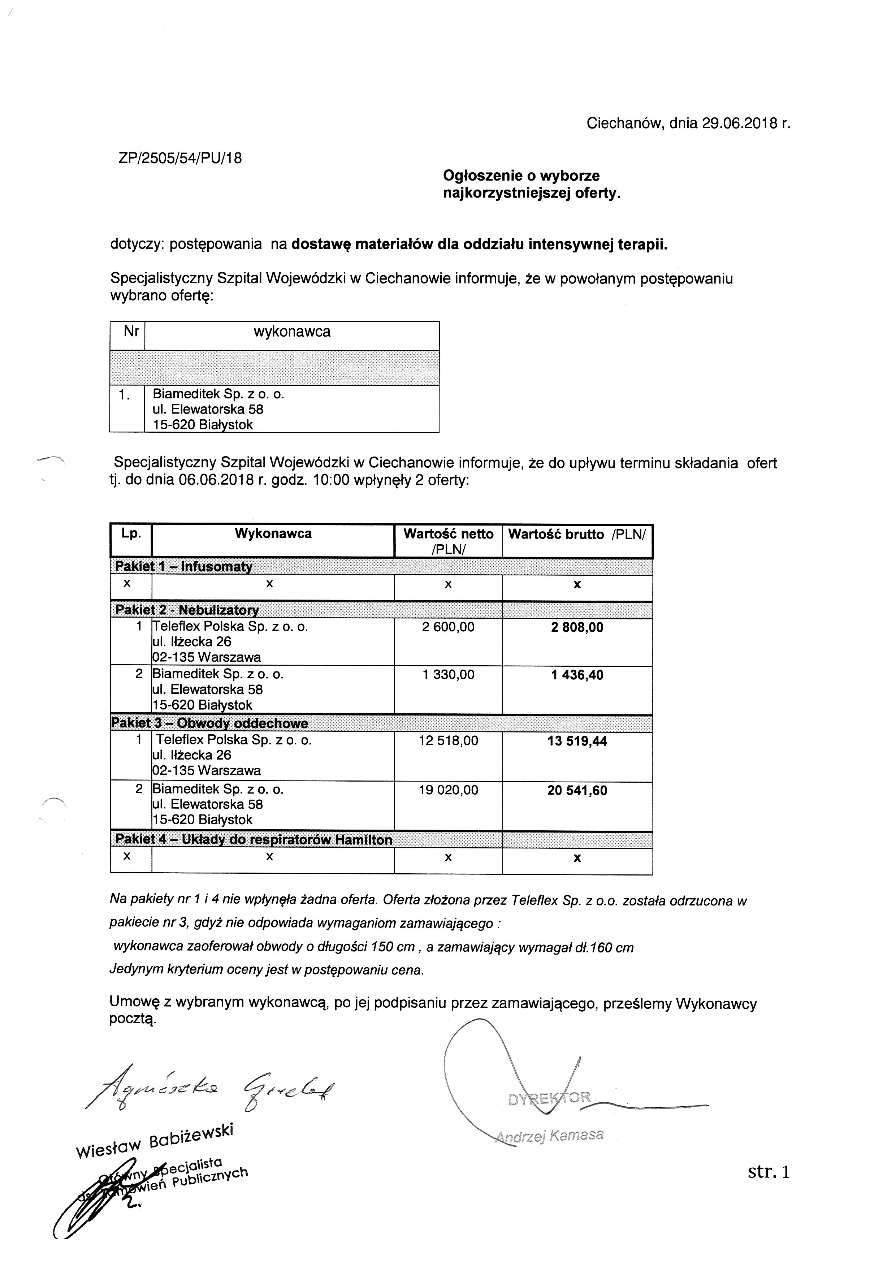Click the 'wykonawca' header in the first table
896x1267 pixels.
click(x=291, y=332)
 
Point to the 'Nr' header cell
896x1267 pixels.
click(x=131, y=331)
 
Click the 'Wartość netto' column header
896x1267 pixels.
click(x=448, y=534)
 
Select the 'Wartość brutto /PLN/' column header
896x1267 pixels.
click(x=576, y=534)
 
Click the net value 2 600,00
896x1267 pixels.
click(x=448, y=627)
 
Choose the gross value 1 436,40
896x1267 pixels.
click(x=577, y=675)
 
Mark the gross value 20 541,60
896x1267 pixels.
click(x=577, y=791)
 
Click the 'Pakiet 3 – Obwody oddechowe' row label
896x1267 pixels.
click(x=210, y=723)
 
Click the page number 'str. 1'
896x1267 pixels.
click(x=769, y=1172)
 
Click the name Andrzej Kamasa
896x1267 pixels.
click(x=550, y=1135)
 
